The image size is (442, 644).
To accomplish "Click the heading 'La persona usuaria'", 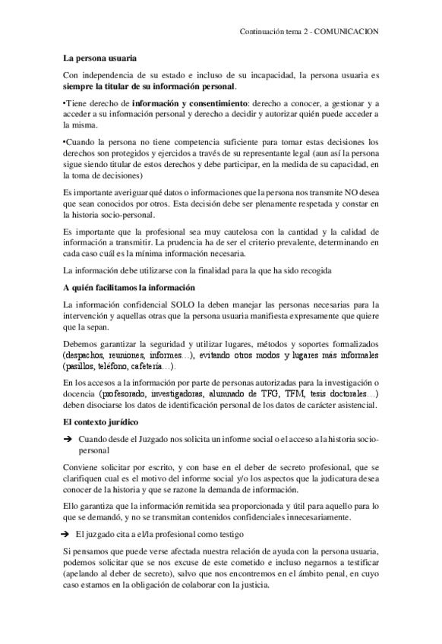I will point(99,58).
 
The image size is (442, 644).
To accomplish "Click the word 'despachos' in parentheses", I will point(86,355).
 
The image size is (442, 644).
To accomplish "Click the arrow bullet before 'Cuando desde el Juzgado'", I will point(68,439).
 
